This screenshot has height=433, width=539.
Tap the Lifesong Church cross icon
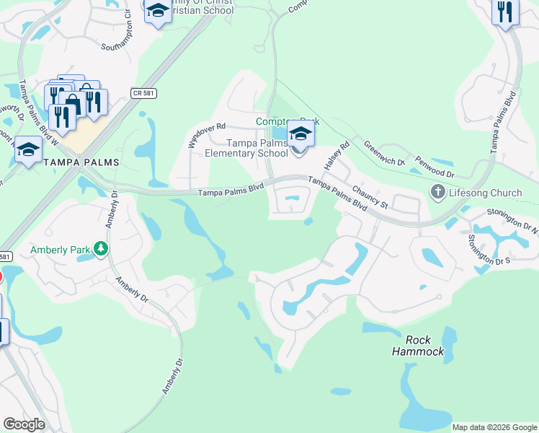(x=437, y=193)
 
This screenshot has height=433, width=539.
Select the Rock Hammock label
(x=418, y=346)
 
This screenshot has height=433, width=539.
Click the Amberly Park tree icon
(x=101, y=250)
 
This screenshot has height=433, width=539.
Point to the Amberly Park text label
(x=61, y=250)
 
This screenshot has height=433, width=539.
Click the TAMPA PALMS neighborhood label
(x=81, y=162)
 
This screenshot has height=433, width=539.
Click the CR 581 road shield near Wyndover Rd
(x=144, y=92)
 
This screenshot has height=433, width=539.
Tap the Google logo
(x=24, y=424)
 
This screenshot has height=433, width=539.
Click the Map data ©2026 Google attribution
(x=494, y=427)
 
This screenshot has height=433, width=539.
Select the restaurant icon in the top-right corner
(x=505, y=12)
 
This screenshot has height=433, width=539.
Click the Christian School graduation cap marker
(x=158, y=11)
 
